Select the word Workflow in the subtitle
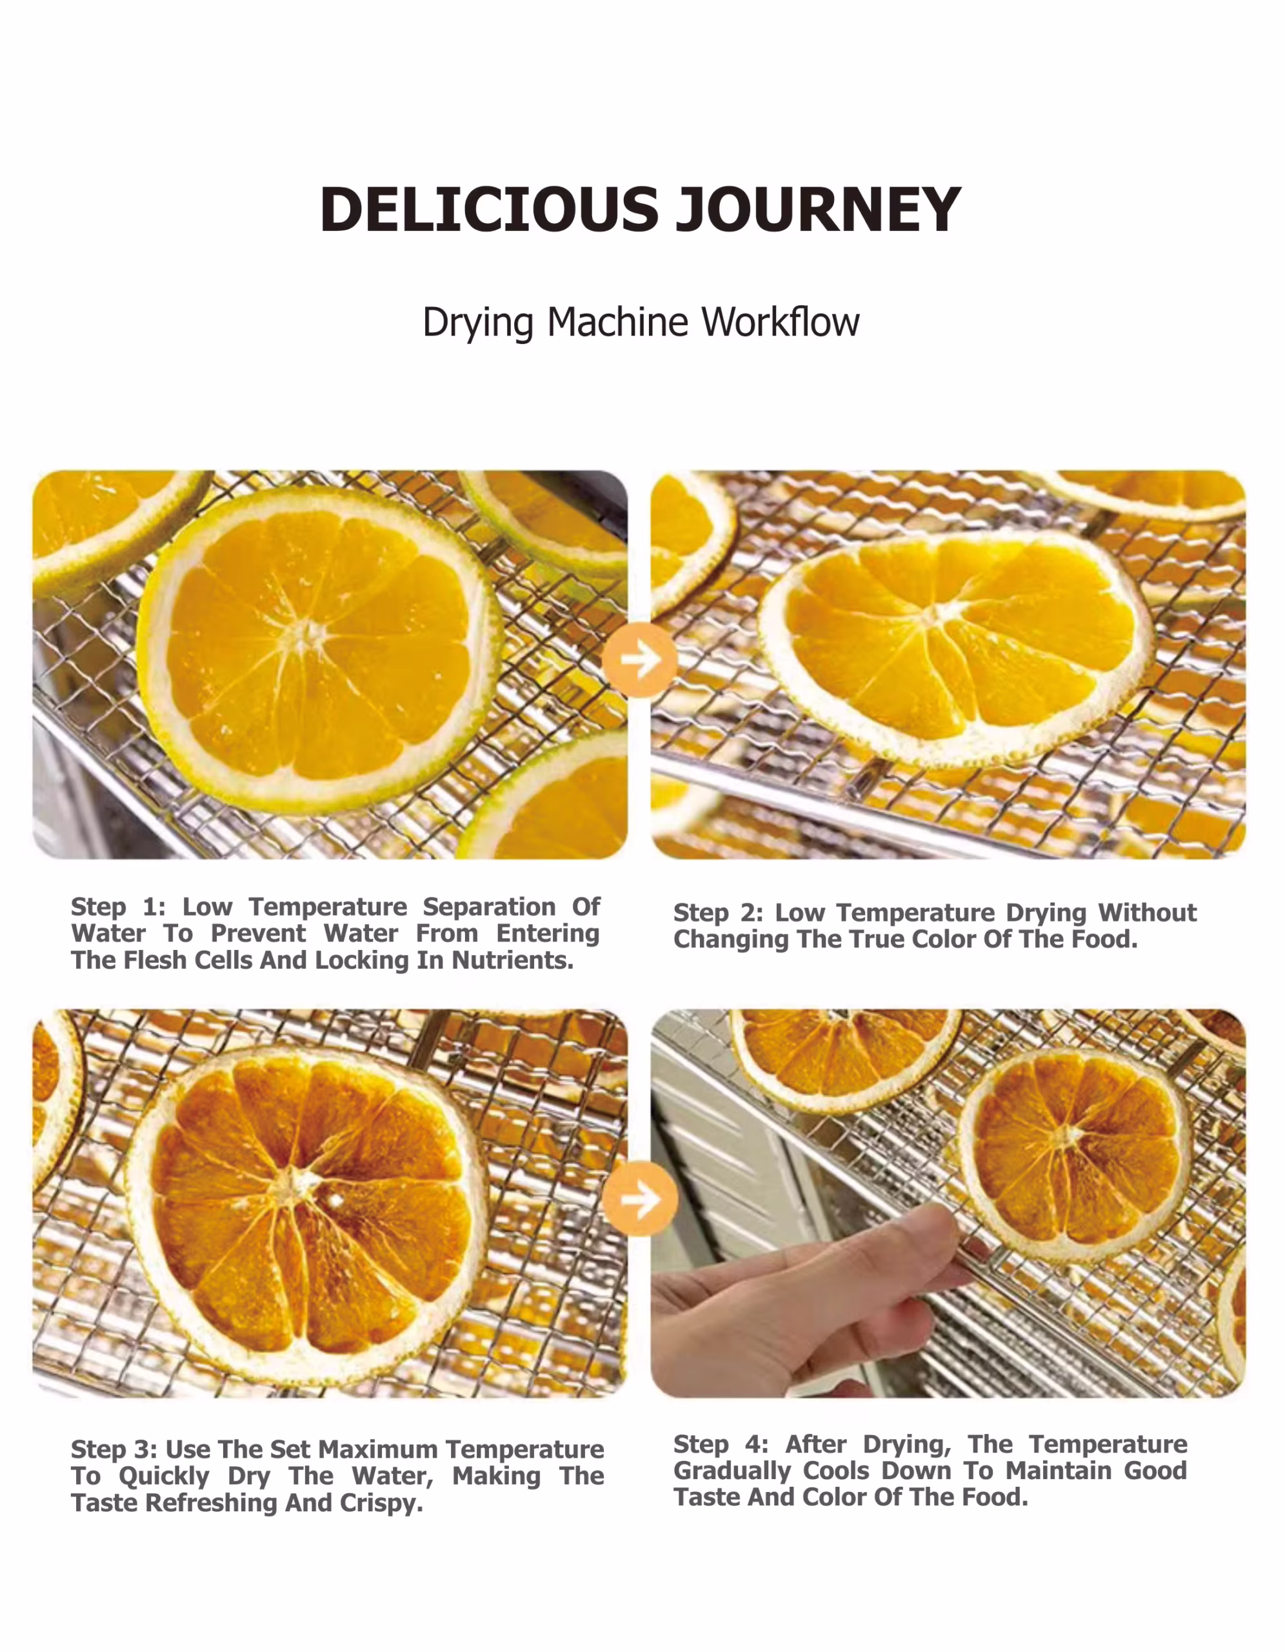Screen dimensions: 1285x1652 click(781, 322)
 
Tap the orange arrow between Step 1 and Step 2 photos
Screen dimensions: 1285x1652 click(640, 660)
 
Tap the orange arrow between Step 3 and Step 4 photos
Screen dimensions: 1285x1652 click(640, 1199)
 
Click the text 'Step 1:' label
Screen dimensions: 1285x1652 click(118, 906)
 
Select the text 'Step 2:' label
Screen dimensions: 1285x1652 click(719, 913)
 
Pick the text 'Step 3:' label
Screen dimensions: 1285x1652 click(114, 1449)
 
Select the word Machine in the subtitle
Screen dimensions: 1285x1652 click(618, 322)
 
